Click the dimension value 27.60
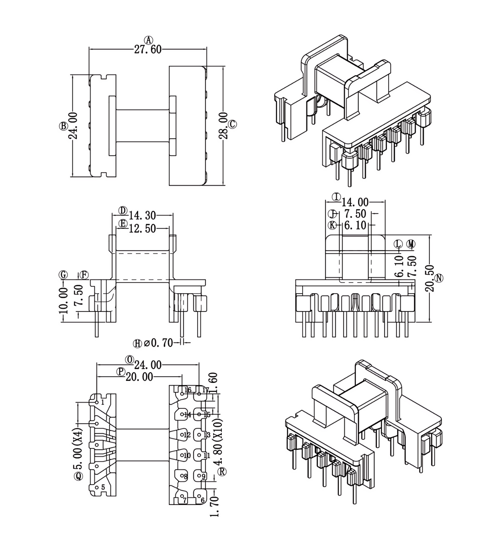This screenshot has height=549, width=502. point(148,50)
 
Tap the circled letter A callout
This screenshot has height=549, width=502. point(149,40)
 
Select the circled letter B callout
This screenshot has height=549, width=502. point(63,126)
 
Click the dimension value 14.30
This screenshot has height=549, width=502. point(142,215)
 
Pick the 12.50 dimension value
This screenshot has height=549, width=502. point(142,228)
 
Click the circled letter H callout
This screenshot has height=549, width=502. point(138,344)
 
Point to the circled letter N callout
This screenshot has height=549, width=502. point(439,278)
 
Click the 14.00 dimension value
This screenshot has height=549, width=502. point(355,202)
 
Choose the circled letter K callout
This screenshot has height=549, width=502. point(332,225)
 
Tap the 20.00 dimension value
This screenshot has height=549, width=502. point(139,377)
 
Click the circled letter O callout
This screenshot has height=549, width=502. point(129,360)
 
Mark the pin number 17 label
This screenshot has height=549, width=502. point(205,390)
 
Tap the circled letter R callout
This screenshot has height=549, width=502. point(223,472)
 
